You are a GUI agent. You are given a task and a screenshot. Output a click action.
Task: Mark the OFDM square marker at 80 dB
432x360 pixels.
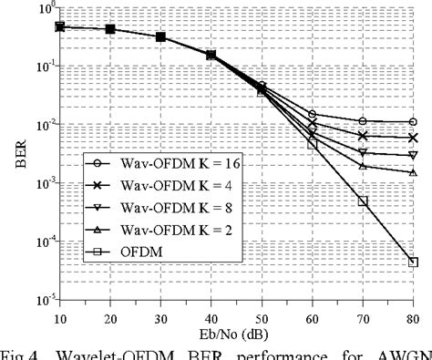point(413,262)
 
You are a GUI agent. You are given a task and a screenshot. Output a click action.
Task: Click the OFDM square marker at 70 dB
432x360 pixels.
point(363,201)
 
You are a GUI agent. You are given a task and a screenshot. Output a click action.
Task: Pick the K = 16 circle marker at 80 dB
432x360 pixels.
point(413,121)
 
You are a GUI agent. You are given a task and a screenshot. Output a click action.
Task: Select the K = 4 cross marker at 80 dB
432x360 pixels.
point(413,138)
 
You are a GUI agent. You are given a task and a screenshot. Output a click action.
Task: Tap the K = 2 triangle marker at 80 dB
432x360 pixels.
point(413,172)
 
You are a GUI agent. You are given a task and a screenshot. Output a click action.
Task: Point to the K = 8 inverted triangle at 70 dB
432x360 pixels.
point(363,152)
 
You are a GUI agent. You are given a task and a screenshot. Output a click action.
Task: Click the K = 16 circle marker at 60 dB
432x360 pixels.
point(312,115)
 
